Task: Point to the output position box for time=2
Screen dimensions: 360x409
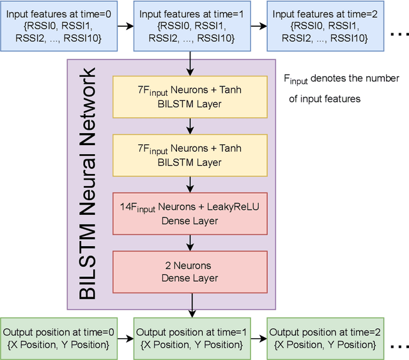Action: point(325,338)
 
